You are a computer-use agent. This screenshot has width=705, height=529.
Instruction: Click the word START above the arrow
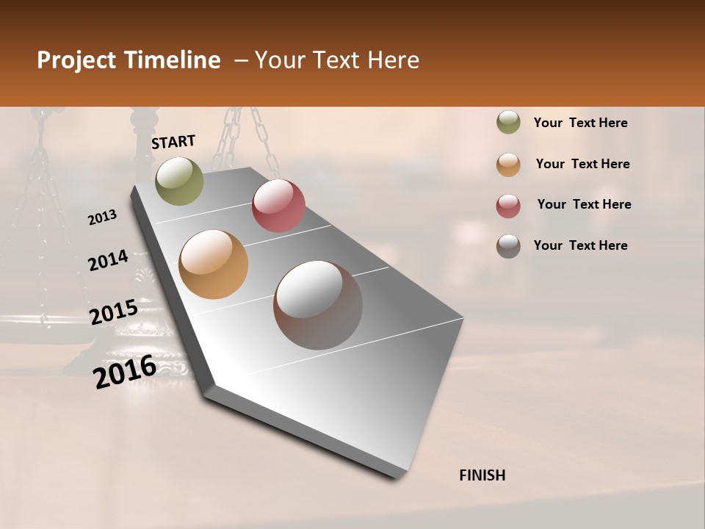pyautogui.click(x=173, y=142)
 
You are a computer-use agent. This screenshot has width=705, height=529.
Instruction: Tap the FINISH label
pyautogui.click(x=482, y=475)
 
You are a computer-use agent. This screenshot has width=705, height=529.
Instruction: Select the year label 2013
pyautogui.click(x=103, y=217)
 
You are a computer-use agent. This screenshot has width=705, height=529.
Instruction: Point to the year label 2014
pyautogui.click(x=109, y=260)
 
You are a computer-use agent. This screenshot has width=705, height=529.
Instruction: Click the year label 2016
pyautogui.click(x=125, y=372)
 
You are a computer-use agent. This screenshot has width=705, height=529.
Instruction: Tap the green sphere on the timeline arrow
pyautogui.click(x=179, y=181)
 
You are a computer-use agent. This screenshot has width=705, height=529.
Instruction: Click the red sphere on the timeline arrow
pyautogui.click(x=278, y=205)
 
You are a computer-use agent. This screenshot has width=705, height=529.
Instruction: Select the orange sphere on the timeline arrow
pyautogui.click(x=214, y=264)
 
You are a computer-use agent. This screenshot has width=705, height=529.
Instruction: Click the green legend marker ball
pyautogui.click(x=508, y=123)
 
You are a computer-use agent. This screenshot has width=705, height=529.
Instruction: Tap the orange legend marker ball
pyautogui.click(x=508, y=165)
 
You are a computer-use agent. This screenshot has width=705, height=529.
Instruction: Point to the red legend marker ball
pyautogui.click(x=508, y=206)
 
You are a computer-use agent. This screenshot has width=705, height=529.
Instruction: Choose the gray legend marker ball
pyautogui.click(x=508, y=246)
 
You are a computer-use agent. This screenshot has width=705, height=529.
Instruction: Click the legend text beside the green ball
pyautogui.click(x=581, y=123)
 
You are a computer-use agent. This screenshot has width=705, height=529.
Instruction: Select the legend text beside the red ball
pyautogui.click(x=584, y=204)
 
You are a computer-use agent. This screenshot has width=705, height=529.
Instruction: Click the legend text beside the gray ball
pyautogui.click(x=581, y=245)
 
